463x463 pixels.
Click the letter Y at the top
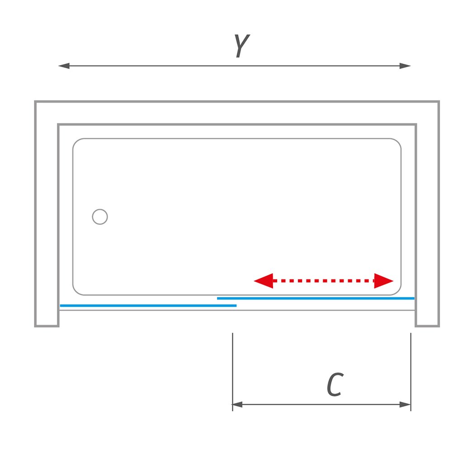(x=241, y=46)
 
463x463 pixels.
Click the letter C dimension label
(x=334, y=385)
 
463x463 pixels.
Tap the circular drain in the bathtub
(x=100, y=217)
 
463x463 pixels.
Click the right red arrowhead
(x=384, y=281)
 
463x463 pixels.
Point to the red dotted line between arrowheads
(x=324, y=281)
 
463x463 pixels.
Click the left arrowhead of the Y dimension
(x=64, y=66)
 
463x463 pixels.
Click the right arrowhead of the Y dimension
(x=406, y=66)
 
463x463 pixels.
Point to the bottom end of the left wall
(x=47, y=325)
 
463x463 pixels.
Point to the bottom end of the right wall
(x=427, y=325)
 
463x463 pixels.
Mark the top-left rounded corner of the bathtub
(x=76, y=142)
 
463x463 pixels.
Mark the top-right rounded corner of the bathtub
(x=397, y=142)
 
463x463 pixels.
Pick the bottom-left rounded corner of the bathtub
(x=76, y=292)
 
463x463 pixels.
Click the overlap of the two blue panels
(x=227, y=302)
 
